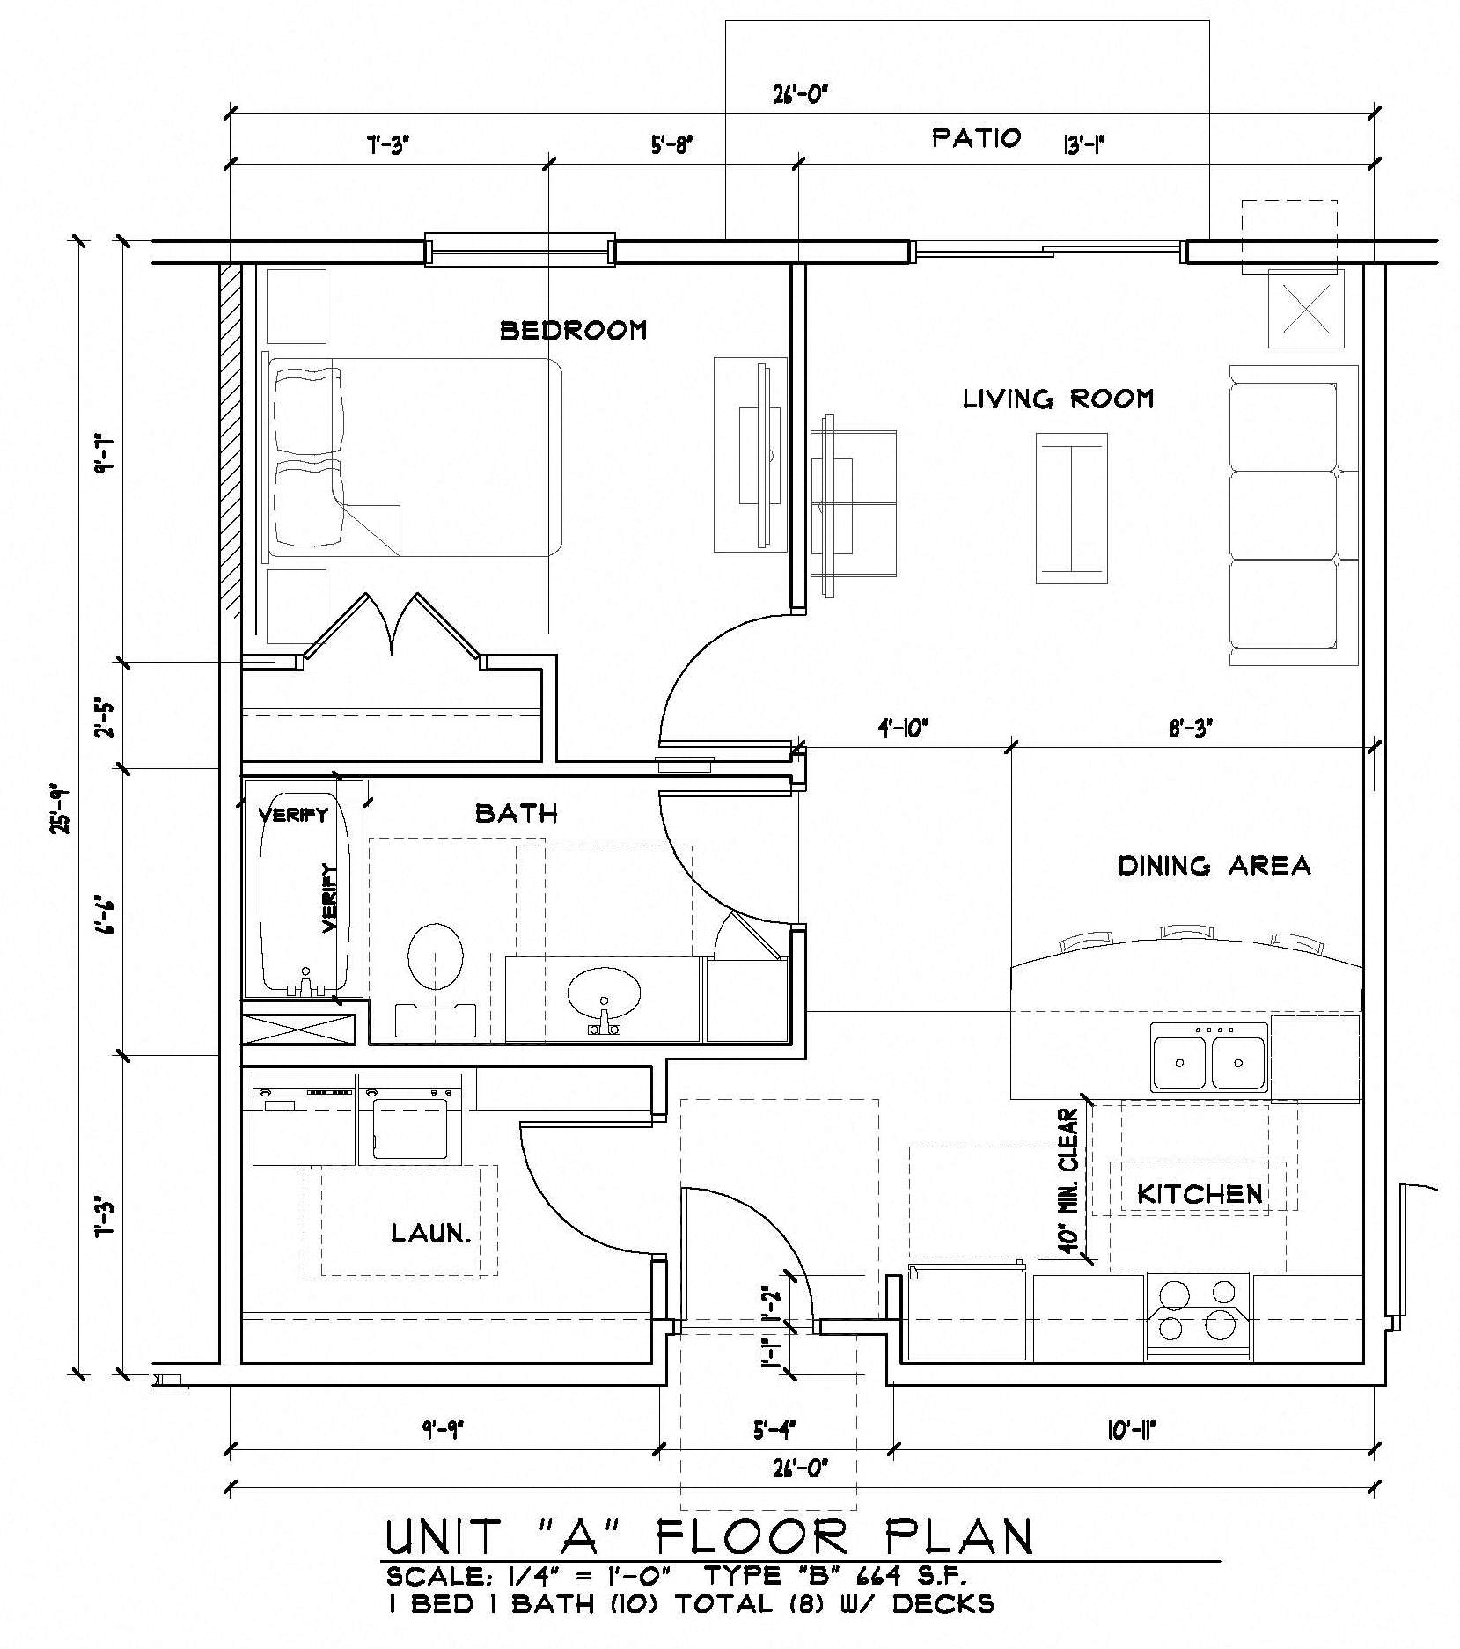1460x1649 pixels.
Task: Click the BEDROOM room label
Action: coord(573,330)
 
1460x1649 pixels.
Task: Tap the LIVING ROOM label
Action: coord(1058,399)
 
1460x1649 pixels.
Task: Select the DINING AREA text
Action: coord(1214,866)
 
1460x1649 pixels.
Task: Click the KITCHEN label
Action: coord(1200,1194)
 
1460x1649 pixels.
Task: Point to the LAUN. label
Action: coord(430,1233)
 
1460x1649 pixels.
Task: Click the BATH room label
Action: coord(517,813)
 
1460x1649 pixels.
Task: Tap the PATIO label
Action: coord(977,138)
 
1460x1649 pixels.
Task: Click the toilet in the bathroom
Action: coord(437,959)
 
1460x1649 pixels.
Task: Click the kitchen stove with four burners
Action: coord(1197,1316)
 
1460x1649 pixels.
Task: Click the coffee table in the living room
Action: coord(1071,508)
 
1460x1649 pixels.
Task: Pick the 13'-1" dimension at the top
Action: coord(1083,143)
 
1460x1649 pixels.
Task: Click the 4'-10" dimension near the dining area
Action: coord(903,729)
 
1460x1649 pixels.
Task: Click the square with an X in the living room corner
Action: coord(1305,310)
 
